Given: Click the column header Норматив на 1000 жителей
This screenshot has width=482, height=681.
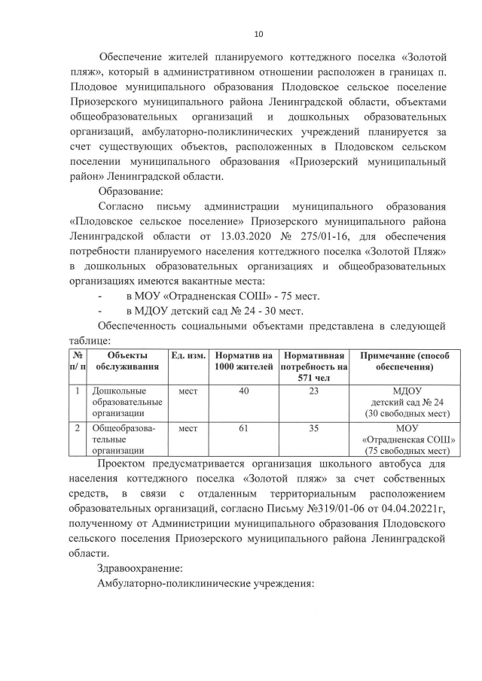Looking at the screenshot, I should coord(243,361).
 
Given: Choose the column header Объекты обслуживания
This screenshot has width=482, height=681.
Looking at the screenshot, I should coord(127,361).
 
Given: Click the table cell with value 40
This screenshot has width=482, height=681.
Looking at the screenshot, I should coord(243,391).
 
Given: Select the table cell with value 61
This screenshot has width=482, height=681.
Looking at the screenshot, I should coord(243,428).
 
